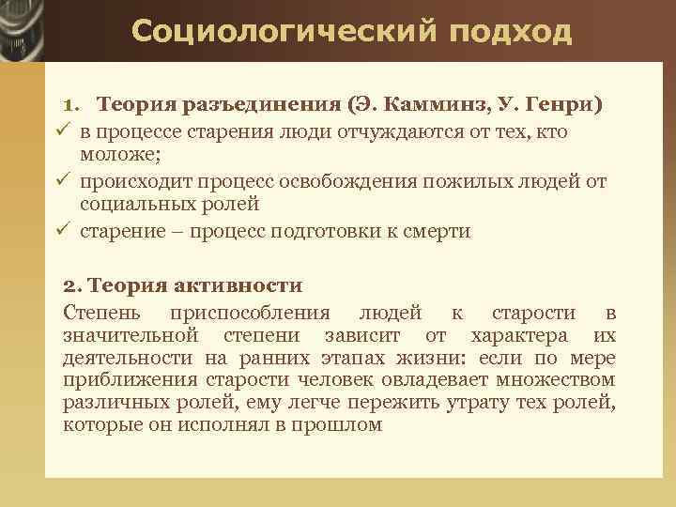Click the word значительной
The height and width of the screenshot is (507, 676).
[x=131, y=334]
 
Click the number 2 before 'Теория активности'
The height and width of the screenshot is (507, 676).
[x=69, y=285]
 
